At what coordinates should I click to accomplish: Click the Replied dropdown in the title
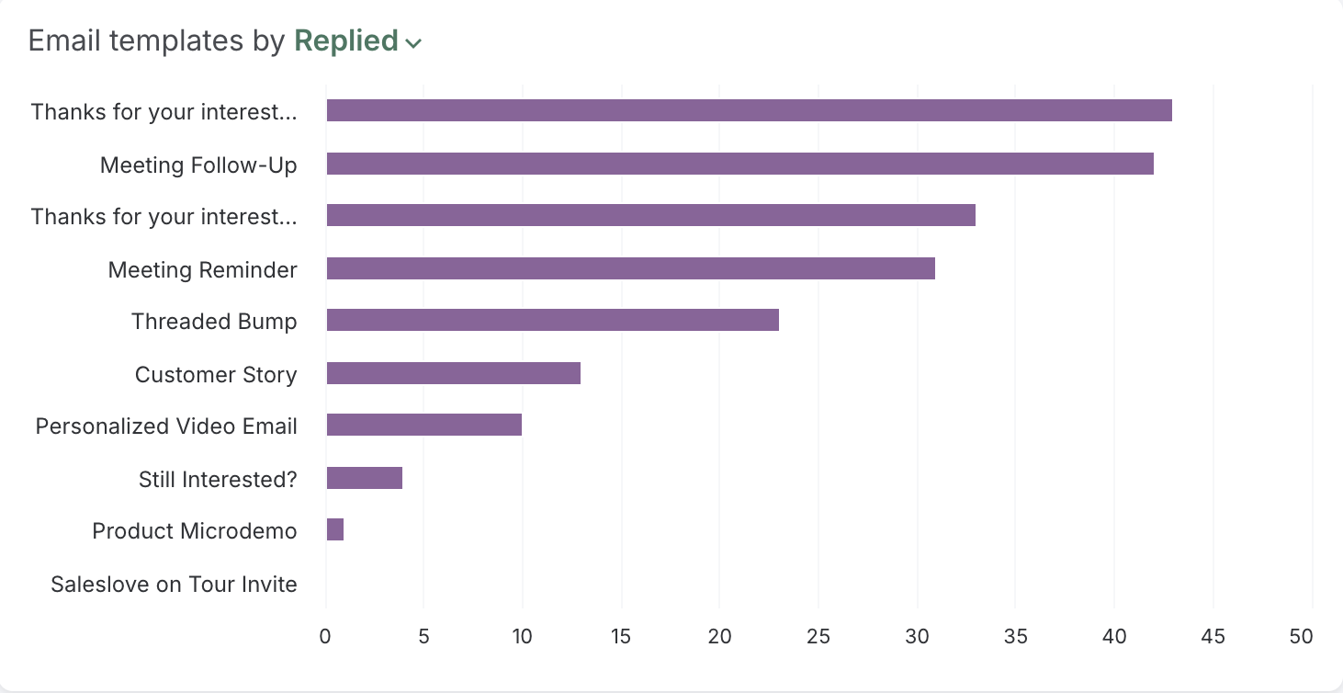pyautogui.click(x=346, y=41)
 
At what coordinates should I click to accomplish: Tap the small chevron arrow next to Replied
pyautogui.click(x=413, y=43)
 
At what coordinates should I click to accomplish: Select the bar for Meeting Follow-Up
pyautogui.click(x=739, y=164)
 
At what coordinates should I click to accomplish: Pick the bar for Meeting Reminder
pyautogui.click(x=630, y=268)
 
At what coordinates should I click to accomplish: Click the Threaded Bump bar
pyautogui.click(x=552, y=321)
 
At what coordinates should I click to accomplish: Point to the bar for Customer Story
pyautogui.click(x=453, y=373)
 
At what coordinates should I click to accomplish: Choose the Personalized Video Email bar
pyautogui.click(x=423, y=426)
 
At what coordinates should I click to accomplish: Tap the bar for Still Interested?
pyautogui.click(x=364, y=478)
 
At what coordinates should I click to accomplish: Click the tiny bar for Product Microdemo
pyautogui.click(x=335, y=530)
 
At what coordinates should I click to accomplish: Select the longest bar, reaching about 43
pyautogui.click(x=749, y=111)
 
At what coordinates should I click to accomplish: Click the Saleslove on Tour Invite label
pyautogui.click(x=174, y=585)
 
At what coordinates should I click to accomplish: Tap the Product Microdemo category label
pyautogui.click(x=195, y=531)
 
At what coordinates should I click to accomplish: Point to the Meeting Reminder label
pyautogui.click(x=202, y=269)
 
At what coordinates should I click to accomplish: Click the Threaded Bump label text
pyautogui.click(x=214, y=322)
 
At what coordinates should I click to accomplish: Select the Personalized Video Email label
pyautogui.click(x=166, y=426)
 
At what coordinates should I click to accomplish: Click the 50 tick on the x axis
pyautogui.click(x=1301, y=636)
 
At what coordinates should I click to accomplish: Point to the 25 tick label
pyautogui.click(x=818, y=636)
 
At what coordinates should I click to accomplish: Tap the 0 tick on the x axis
pyautogui.click(x=325, y=636)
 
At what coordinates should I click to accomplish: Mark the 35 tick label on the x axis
pyautogui.click(x=1015, y=636)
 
